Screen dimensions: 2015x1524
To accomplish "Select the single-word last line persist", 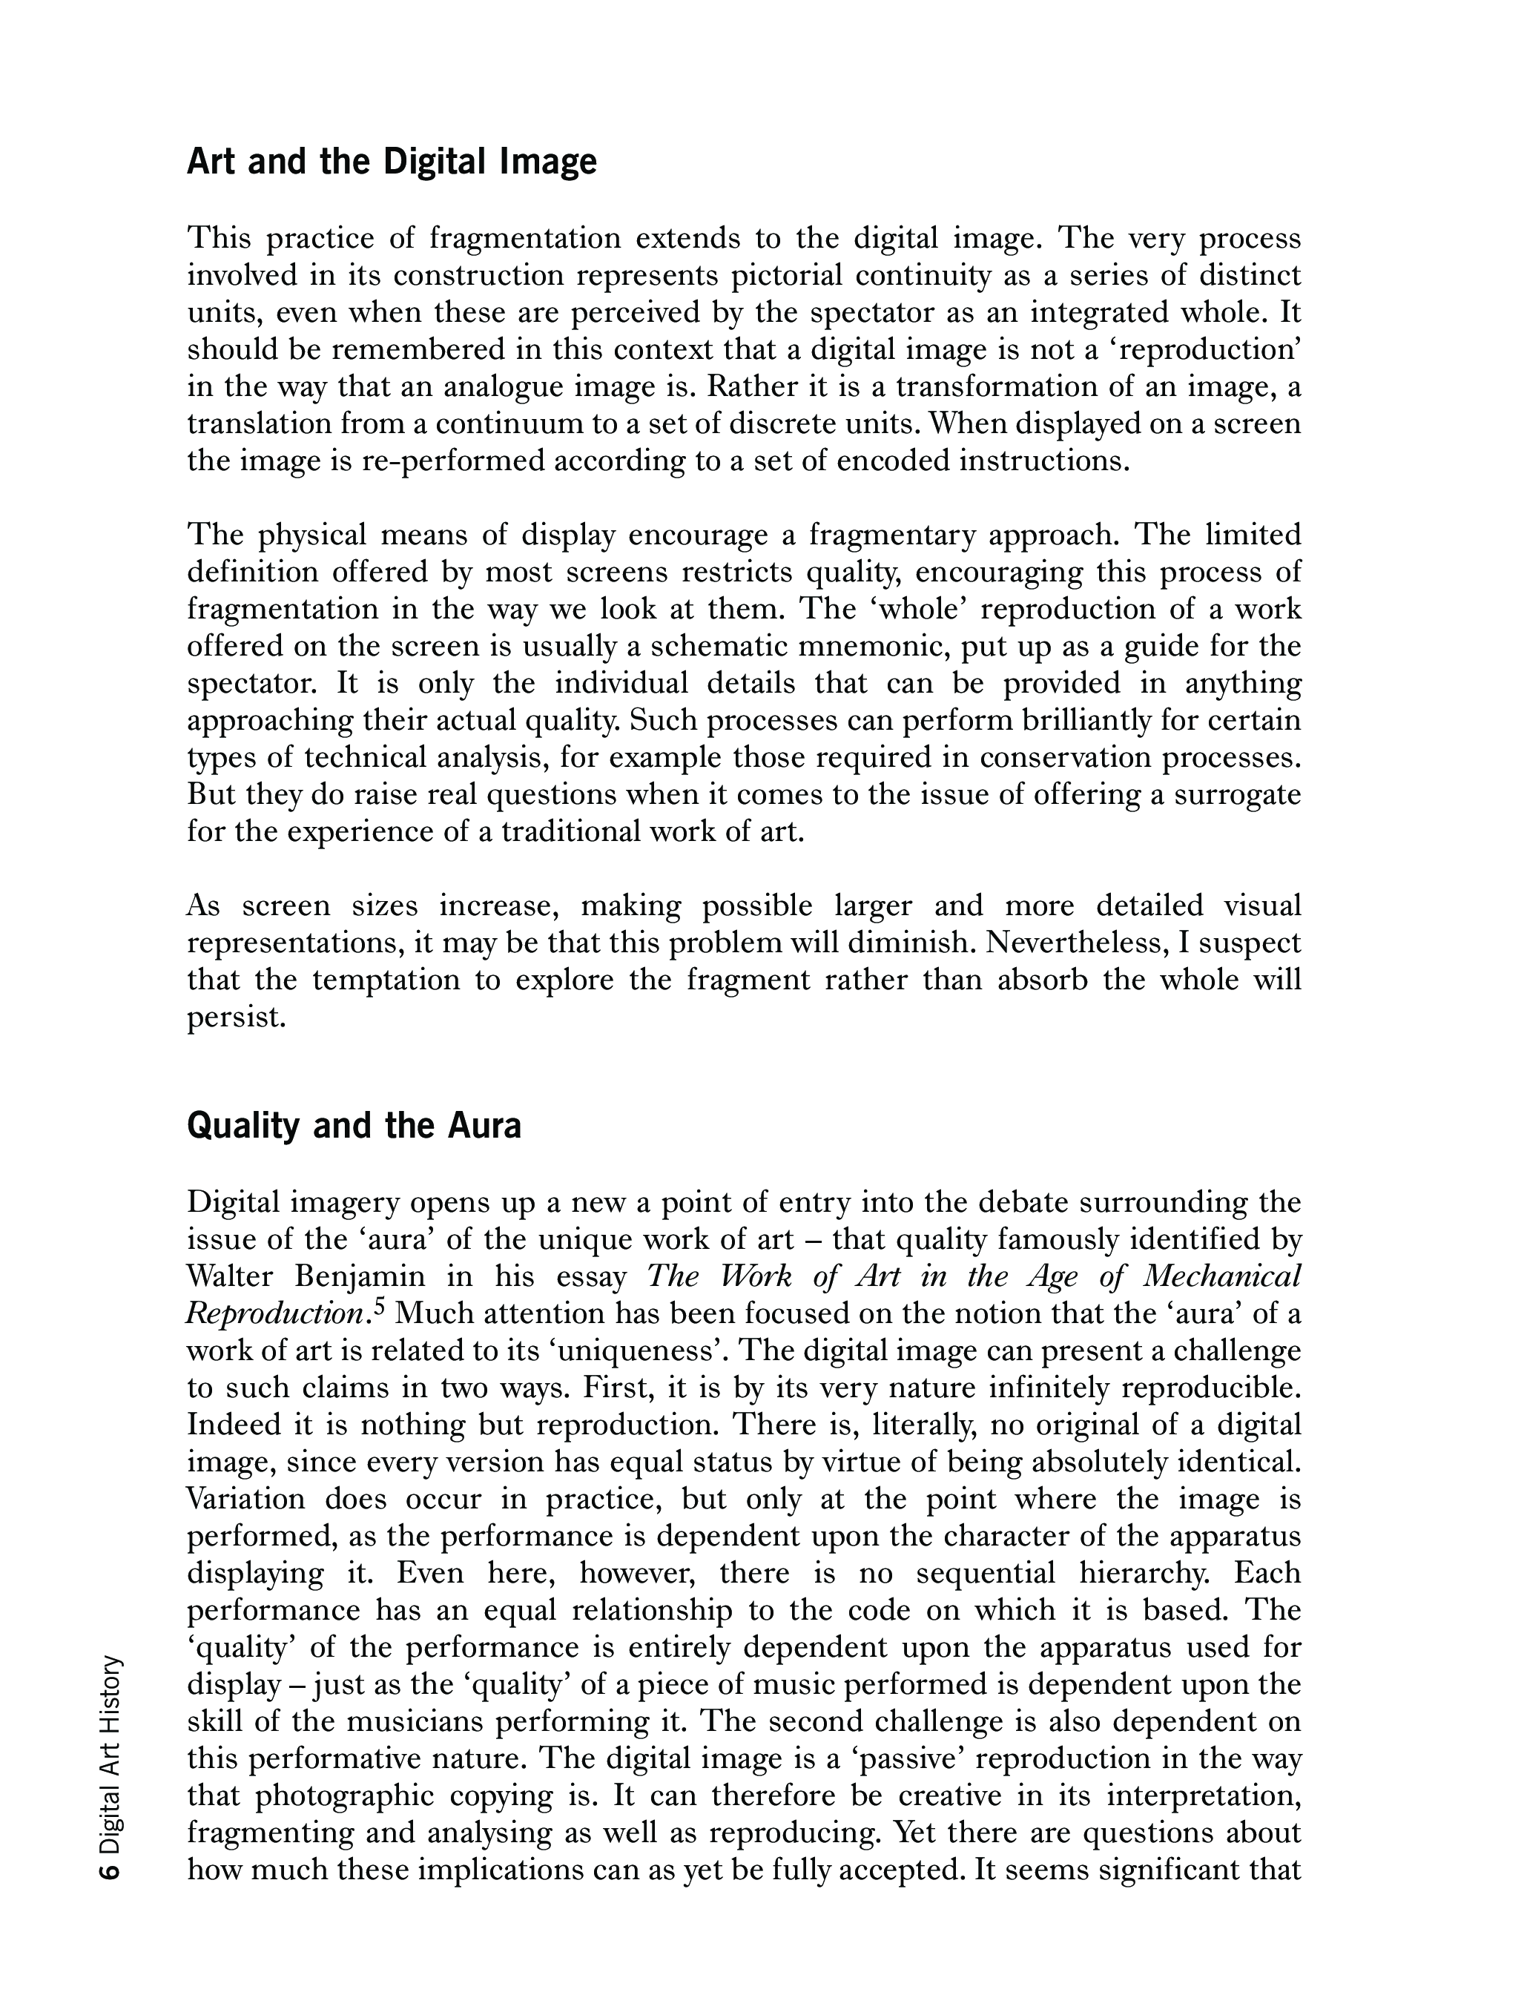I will (236, 1017).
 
